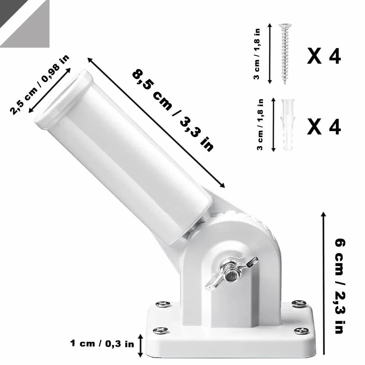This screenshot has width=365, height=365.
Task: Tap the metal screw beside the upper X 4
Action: point(285,54)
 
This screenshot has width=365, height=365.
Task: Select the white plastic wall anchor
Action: point(288,125)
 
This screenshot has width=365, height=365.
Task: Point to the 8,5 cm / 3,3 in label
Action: point(173,110)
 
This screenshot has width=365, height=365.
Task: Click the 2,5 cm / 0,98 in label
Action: point(39,85)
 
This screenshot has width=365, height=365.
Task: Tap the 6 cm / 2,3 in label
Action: point(340,286)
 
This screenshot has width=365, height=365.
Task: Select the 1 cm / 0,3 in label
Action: point(102,343)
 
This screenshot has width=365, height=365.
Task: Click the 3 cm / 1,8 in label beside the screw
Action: point(257,54)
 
